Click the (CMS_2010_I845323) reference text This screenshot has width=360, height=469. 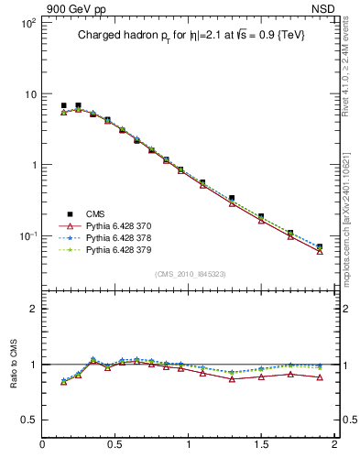pyautogui.click(x=190, y=272)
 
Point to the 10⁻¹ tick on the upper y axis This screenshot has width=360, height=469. pyautogui.click(x=27, y=235)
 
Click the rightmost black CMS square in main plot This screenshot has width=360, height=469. pyautogui.click(x=320, y=246)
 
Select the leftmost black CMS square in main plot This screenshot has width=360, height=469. pyautogui.click(x=63, y=105)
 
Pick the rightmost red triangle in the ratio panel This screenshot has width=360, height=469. pyautogui.click(x=320, y=377)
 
